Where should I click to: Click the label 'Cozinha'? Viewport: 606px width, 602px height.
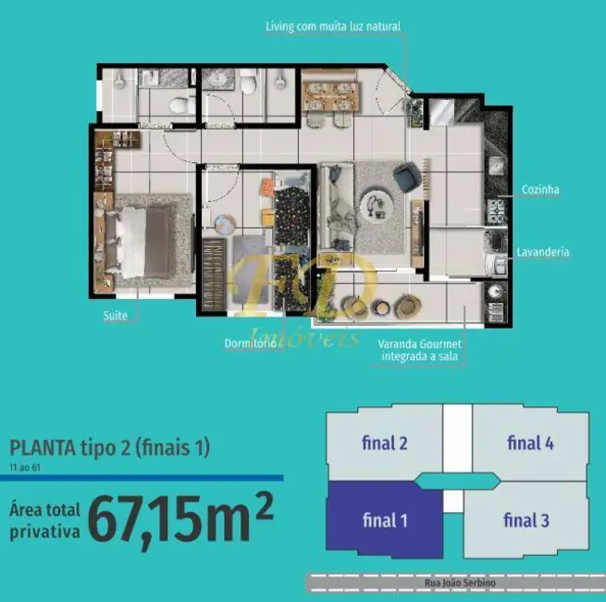tap(540, 190)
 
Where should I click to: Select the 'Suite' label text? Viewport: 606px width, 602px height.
tap(116, 316)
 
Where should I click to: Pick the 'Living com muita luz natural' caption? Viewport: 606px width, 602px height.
tap(332, 27)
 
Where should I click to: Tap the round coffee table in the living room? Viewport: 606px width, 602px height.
tap(377, 202)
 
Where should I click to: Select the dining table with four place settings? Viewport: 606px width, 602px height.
tap(329, 93)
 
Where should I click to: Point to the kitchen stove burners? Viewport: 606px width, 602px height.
tap(496, 213)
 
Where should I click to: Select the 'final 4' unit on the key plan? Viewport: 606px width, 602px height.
tap(530, 443)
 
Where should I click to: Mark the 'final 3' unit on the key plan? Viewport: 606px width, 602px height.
tap(526, 520)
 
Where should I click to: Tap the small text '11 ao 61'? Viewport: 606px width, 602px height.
tap(26, 468)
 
